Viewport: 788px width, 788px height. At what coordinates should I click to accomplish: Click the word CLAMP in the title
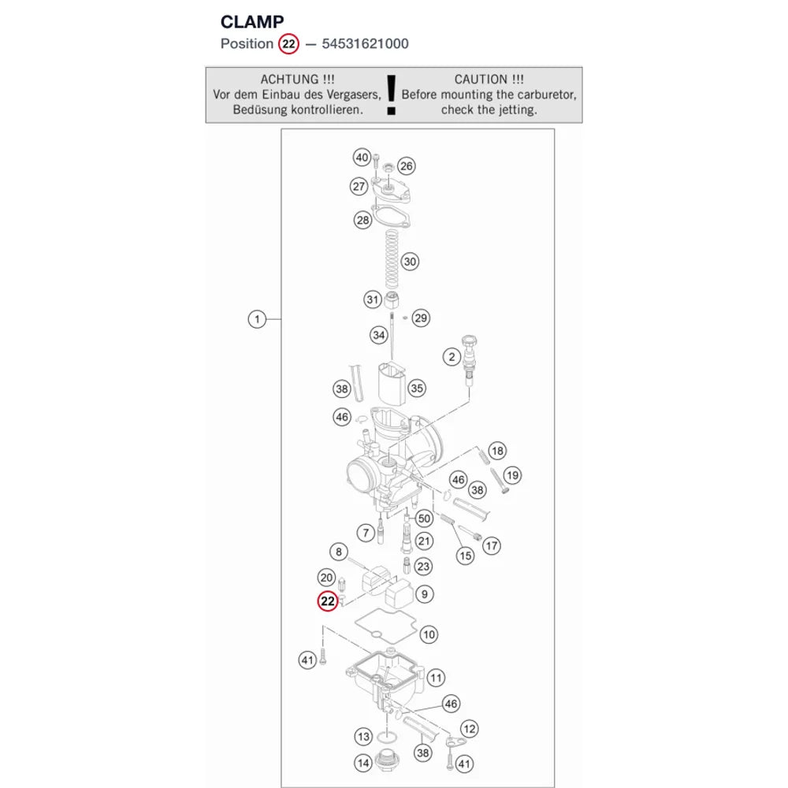tap(252, 21)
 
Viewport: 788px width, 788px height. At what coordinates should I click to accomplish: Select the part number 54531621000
tap(366, 43)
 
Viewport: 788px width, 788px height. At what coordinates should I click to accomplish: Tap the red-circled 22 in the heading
tap(288, 43)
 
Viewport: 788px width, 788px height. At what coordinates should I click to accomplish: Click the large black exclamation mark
tap(392, 95)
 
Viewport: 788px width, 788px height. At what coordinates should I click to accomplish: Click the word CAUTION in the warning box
tap(481, 80)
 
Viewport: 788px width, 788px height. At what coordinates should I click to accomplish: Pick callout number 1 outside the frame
tap(257, 319)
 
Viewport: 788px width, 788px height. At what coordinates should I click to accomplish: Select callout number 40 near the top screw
tap(362, 158)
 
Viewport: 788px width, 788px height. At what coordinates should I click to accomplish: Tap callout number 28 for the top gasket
tap(362, 220)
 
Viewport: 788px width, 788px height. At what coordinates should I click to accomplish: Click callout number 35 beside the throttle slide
tap(417, 388)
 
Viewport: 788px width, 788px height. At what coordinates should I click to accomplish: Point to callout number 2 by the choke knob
tap(452, 357)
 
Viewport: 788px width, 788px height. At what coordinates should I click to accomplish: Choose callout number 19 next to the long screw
tap(512, 475)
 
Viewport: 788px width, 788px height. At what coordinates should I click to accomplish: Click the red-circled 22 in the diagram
tap(328, 601)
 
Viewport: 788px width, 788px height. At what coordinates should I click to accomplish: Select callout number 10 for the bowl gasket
tap(429, 634)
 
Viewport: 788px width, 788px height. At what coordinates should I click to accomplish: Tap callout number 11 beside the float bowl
tap(436, 678)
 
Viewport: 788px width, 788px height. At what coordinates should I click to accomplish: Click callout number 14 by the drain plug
tap(363, 764)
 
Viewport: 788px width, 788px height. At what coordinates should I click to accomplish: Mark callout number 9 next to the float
tap(425, 594)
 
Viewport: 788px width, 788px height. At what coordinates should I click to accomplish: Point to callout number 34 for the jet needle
tap(379, 335)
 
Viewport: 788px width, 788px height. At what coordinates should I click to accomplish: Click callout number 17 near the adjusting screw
tap(492, 546)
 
